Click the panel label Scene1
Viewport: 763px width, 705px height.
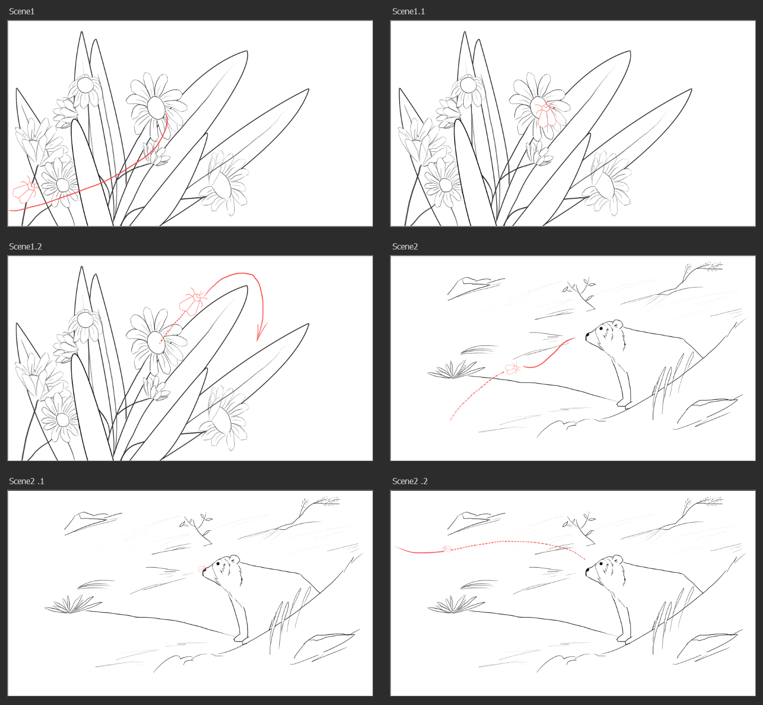[22, 11]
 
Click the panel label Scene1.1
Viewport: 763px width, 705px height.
[408, 11]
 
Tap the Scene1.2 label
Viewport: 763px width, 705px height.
[25, 246]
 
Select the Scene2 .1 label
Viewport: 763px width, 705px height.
[27, 482]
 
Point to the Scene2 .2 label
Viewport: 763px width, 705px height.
[410, 482]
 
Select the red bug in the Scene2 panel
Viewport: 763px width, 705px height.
[512, 368]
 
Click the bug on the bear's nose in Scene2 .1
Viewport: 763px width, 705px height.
[202, 568]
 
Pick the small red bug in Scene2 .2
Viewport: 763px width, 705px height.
[447, 548]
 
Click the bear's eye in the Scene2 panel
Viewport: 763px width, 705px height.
[601, 328]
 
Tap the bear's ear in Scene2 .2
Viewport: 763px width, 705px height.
[617, 559]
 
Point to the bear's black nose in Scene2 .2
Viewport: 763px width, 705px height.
[587, 572]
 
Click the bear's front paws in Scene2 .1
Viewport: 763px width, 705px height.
[241, 639]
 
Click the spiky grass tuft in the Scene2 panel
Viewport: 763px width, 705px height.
[456, 369]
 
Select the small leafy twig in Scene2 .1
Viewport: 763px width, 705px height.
[197, 528]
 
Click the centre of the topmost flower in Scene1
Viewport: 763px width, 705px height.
[85, 85]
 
